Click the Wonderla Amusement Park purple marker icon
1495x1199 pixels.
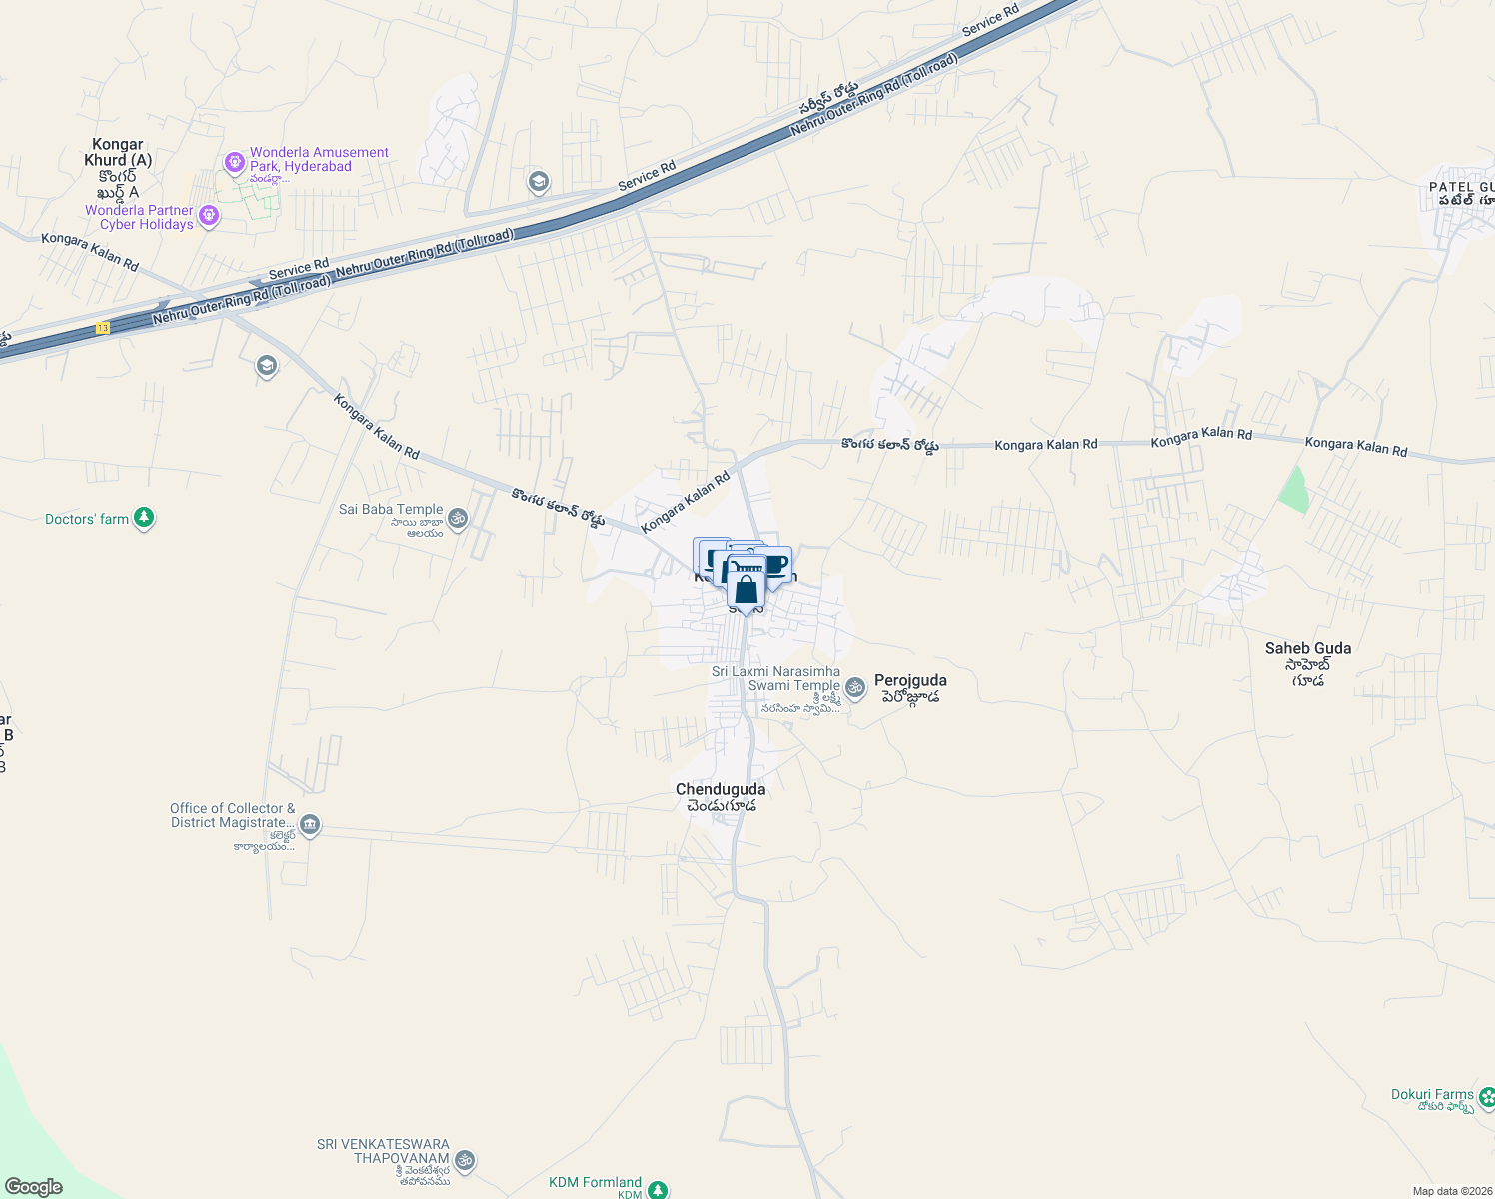coord(234,161)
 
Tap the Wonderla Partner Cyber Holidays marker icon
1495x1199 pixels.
coord(208,215)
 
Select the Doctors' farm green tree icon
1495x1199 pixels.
coord(144,518)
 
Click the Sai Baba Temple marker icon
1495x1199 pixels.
coord(458,517)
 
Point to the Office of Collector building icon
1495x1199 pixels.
coord(310,825)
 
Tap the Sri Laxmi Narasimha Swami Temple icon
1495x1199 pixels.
coord(854,687)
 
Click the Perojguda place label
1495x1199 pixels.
coord(910,681)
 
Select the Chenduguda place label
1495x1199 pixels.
coord(721,790)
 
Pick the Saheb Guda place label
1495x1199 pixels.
coord(1307,649)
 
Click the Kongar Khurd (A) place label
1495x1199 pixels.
coord(118,152)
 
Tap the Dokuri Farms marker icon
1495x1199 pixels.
coord(1486,1097)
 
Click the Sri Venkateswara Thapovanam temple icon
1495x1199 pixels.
coord(463,1161)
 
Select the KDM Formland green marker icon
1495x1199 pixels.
coord(657,1189)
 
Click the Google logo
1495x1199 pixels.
coord(34,1187)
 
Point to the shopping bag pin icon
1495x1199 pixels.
coord(746,590)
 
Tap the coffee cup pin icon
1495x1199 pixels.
coord(775,565)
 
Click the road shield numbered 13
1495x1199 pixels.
coord(103,328)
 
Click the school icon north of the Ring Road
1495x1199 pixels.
coord(539,182)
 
